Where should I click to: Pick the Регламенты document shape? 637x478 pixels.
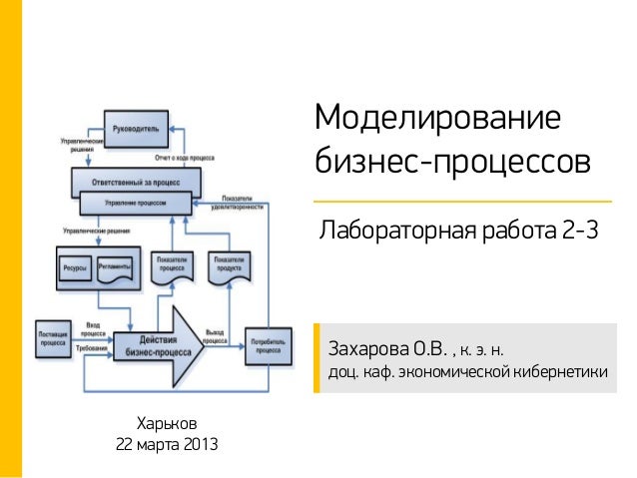[116, 269]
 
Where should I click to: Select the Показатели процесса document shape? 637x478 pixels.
[172, 267]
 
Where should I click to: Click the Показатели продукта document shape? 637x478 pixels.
[227, 267]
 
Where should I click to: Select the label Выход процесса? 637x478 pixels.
[215, 335]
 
